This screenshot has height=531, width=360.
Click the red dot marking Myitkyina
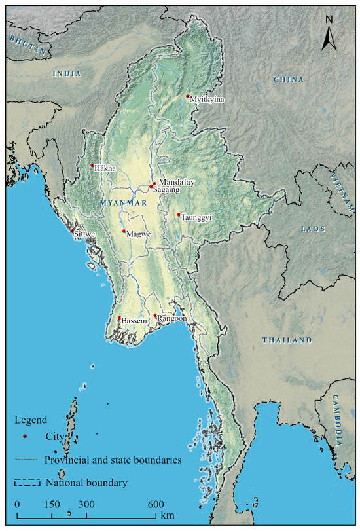coord(188,96)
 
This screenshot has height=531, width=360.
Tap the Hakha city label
coord(105,168)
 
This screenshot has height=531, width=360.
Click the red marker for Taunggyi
coord(179,214)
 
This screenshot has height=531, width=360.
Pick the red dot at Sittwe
coord(72,230)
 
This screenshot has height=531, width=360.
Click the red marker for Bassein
coord(119,318)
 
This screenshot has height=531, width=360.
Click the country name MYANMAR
coord(123,204)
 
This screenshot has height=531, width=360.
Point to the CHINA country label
coord(289,79)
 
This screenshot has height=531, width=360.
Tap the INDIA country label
coord(67,74)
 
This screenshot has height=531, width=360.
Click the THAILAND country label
coord(287,340)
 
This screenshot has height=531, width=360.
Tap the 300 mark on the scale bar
coord(86,505)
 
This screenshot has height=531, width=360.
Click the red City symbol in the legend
coord(24,436)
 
